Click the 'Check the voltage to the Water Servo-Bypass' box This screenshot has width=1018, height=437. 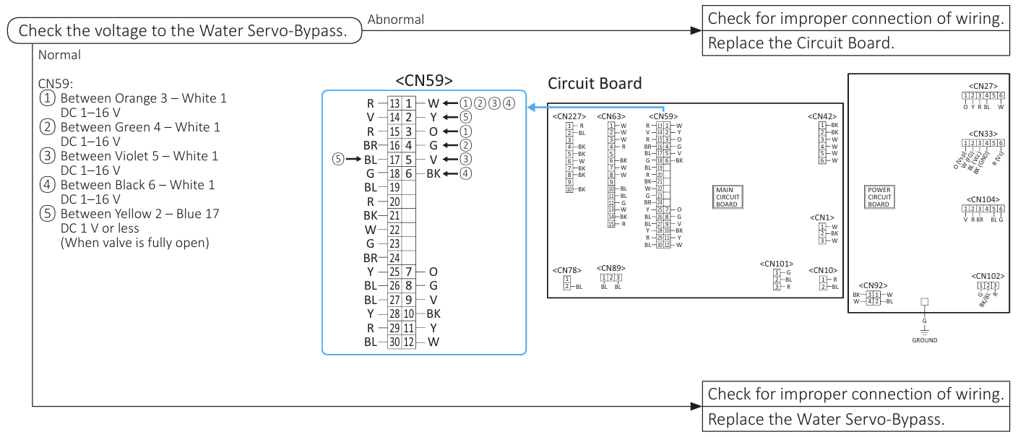pos(184,31)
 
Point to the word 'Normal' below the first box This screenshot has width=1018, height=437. pos(59,55)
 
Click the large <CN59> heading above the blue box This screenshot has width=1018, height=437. pos(424,80)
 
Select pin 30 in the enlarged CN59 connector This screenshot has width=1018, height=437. pos(394,342)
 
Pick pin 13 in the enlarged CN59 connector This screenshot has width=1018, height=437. pos(394,104)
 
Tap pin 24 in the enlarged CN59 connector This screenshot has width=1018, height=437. pos(394,257)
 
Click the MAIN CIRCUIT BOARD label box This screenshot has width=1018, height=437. pos(727,197)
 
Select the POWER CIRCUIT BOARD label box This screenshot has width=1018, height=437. pos(879,197)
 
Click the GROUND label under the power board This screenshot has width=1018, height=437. pos(924,340)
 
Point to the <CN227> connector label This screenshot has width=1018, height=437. pos(568,116)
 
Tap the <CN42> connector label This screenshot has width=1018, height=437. pos(822,116)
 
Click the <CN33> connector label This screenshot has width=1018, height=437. pos(983,134)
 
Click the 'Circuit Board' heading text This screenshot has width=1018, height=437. pos(595,84)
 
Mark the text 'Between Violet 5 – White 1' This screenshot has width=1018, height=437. pos(139,156)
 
